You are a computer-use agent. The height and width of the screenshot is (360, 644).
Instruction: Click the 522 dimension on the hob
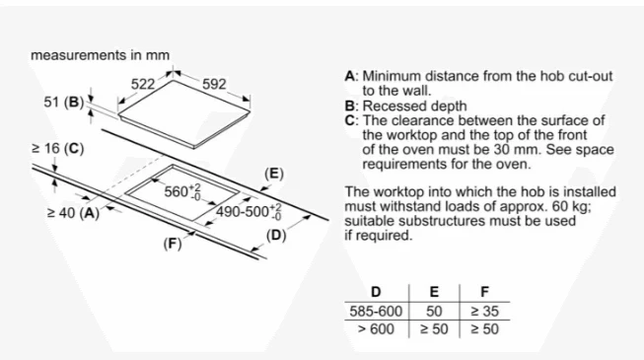click(143, 84)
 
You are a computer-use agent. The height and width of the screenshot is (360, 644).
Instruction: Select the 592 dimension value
click(214, 84)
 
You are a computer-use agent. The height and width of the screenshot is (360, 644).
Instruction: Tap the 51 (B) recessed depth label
click(64, 102)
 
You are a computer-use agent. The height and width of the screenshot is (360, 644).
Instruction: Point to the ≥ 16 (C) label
click(58, 148)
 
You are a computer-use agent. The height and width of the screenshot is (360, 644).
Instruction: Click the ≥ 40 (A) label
click(74, 213)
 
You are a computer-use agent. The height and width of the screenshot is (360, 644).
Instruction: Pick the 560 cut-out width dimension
click(182, 192)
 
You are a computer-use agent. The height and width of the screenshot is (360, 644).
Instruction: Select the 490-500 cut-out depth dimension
click(249, 212)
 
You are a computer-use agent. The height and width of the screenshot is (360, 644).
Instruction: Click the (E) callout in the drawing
click(274, 174)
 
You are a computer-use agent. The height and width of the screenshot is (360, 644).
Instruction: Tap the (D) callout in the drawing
click(275, 236)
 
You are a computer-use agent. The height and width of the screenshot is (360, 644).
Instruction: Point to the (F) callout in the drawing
click(173, 244)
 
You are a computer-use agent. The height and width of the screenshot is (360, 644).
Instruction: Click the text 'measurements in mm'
click(101, 55)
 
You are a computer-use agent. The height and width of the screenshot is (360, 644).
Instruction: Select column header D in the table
click(376, 292)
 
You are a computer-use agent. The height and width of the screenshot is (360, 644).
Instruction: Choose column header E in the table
click(434, 292)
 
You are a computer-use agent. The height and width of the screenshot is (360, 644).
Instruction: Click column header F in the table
click(484, 292)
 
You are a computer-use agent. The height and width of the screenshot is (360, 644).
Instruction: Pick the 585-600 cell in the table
click(376, 311)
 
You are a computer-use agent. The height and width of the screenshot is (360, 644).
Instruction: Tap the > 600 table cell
click(376, 329)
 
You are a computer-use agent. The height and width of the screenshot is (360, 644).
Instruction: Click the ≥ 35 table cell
click(484, 311)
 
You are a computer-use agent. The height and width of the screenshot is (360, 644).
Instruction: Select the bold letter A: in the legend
click(352, 77)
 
